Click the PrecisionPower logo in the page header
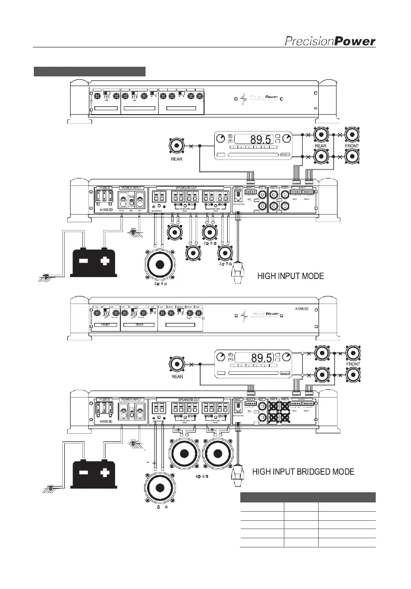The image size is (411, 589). pos(329,42)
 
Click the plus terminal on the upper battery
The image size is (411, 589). pos(104,261)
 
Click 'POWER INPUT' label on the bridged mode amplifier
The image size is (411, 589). pos(132,399)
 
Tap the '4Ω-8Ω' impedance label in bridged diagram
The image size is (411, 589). pos(202,476)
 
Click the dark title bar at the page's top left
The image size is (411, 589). pos(89,72)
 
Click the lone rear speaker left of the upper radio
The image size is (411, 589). pos(177,147)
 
